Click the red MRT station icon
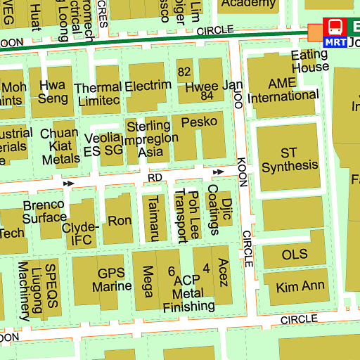335,32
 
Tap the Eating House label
310,61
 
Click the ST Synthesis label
290,160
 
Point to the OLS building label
295,254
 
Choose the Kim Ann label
300,286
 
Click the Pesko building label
199,122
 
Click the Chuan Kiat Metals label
60,146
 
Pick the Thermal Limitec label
98,94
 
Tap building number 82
185,72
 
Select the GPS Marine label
115,280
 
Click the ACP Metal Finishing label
188,293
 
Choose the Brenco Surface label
44,211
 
